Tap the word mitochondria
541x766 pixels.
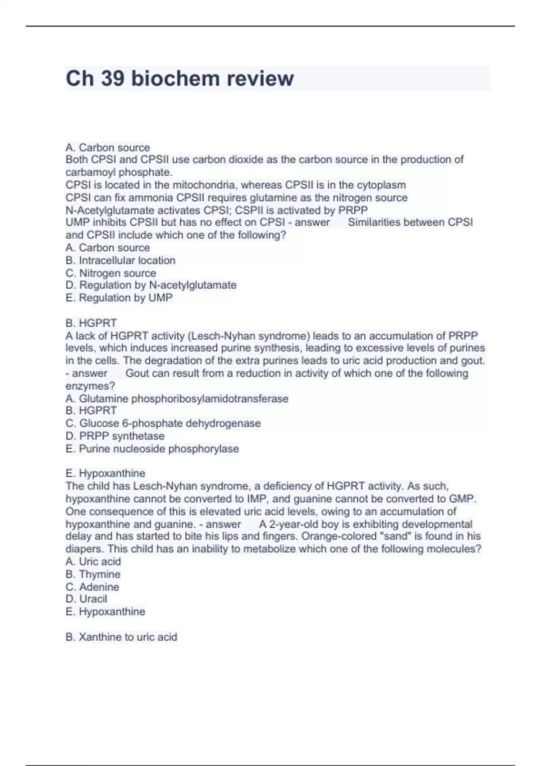pos(205,185)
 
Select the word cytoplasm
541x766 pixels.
pos(381,185)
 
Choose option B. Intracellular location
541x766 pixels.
pos(120,260)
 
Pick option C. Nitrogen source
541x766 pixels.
pos(111,273)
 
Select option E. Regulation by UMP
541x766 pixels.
pos(119,298)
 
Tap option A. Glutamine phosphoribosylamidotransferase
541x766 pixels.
pos(177,399)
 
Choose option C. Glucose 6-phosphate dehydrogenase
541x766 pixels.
pos(163,424)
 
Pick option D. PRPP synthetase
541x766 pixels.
pos(115,436)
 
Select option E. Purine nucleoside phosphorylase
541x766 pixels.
pos(152,449)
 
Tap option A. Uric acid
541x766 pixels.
pos(93,562)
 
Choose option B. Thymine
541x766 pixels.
pos(93,574)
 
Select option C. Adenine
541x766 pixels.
pos(92,587)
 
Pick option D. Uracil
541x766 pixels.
pos(87,599)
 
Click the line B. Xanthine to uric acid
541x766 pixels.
pos(121,637)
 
